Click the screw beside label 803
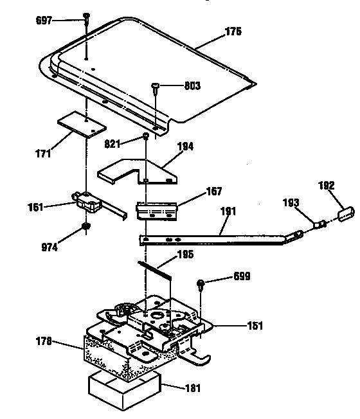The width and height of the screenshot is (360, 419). coord(155,86)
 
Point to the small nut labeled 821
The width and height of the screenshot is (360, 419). coord(147,136)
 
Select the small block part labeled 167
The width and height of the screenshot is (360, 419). coord(156,210)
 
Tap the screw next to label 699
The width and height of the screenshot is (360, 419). coord(203,283)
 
